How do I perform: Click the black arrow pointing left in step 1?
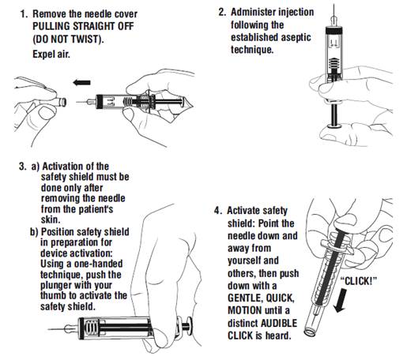81,83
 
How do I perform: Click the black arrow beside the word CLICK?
340,300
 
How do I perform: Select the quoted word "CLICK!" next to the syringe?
359,281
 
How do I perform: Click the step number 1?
24,14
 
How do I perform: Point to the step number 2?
222,12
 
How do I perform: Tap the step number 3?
23,167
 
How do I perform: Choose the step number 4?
218,211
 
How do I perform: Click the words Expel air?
51,54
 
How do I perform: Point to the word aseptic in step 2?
296,38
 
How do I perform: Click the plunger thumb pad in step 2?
334,126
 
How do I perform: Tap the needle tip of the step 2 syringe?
334,5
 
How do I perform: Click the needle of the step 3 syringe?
56,329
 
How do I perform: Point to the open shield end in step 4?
310,332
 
